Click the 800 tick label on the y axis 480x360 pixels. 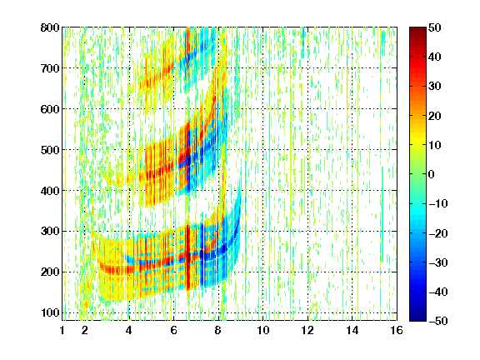[x=50, y=27]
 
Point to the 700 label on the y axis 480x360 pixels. [x=50, y=68]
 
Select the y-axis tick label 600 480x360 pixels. [x=50, y=109]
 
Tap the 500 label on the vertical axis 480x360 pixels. [x=50, y=150]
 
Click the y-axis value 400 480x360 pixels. [x=50, y=190]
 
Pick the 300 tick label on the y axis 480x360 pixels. [x=50, y=231]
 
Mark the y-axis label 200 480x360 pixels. [x=50, y=272]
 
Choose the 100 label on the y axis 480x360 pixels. [x=50, y=312]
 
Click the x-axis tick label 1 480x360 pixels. [x=62, y=330]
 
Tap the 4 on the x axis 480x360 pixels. [x=128, y=330]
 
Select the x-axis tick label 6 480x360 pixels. [x=173, y=330]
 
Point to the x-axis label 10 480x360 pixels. [x=262, y=330]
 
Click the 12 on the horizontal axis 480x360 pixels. [x=307, y=330]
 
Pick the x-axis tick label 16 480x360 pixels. [x=397, y=330]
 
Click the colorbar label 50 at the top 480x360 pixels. [x=435, y=27]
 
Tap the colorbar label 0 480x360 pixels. [x=432, y=174]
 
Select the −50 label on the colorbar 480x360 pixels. [x=438, y=321]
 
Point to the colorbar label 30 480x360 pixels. [x=435, y=87]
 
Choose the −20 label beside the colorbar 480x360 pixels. [x=438, y=233]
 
